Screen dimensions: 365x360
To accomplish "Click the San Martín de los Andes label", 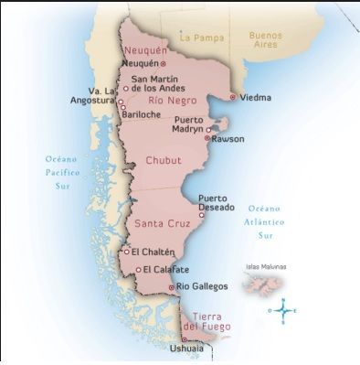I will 162,83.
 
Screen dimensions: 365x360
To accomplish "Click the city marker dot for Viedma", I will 233,96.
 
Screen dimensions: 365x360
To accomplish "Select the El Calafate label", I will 164,269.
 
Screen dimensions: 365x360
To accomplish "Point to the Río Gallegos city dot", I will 172,287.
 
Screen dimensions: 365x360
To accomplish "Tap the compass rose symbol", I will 284,311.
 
